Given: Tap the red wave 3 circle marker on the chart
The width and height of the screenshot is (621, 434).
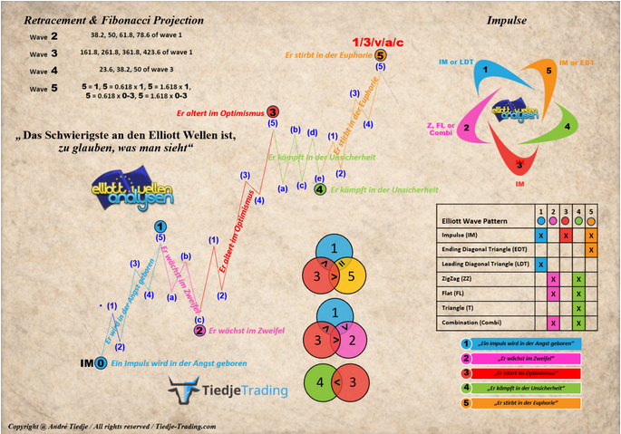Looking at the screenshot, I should tap(273, 111).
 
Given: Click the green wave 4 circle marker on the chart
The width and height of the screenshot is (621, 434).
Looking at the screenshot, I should tap(320, 189).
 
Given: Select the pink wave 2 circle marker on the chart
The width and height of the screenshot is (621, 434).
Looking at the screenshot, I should tap(199, 331).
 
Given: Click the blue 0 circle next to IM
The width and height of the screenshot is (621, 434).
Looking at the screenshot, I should tap(102, 362).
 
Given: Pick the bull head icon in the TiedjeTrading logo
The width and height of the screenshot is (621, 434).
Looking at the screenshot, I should tap(184, 391).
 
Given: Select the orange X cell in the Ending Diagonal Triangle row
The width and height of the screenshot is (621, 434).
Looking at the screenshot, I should tap(591, 248).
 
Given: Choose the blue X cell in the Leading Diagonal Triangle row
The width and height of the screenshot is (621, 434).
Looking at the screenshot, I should tap(541, 264).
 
